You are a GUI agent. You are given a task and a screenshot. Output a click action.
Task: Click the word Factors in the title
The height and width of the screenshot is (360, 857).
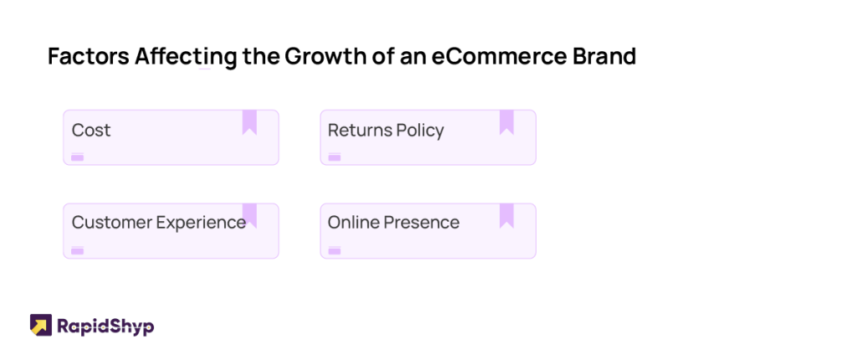pos(89,56)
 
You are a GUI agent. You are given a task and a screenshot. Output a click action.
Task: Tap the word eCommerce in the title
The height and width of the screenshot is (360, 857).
pos(499,56)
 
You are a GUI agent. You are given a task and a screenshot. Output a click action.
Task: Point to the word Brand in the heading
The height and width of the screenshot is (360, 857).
pos(604,56)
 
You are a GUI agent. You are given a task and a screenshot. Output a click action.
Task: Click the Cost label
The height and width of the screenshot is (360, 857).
pos(91,131)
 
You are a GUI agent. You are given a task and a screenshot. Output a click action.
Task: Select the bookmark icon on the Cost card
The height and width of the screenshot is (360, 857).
pos(249,122)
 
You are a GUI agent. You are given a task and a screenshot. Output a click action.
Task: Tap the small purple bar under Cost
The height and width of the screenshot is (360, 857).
pos(77,157)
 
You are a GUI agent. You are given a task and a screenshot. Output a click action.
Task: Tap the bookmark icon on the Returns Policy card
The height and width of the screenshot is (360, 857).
pos(506,122)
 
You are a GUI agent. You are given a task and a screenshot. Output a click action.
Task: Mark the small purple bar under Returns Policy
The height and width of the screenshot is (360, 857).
pos(335,157)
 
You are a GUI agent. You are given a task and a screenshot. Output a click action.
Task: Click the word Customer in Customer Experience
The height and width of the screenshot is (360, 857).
pos(112,223)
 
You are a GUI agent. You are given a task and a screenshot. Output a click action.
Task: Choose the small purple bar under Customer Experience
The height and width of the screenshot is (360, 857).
pos(77,251)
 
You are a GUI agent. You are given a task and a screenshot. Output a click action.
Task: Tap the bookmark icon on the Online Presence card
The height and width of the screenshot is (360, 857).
pos(506,215)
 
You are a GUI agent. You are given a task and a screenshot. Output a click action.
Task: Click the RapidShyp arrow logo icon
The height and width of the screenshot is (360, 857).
pos(41,325)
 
